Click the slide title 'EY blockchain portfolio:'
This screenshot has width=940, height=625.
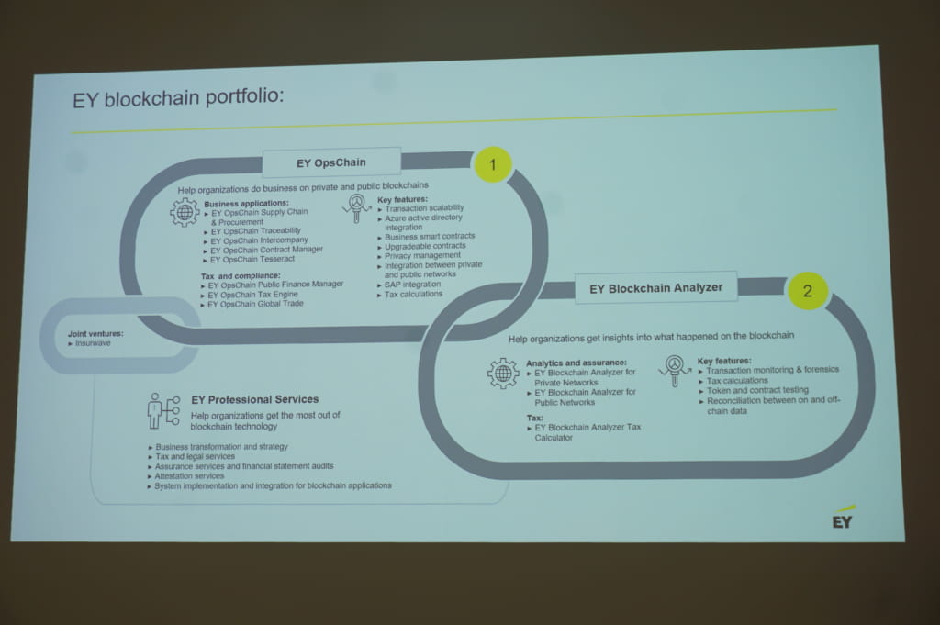(178, 97)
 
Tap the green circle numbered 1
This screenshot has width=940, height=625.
(493, 164)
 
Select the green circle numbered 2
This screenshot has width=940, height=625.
(808, 291)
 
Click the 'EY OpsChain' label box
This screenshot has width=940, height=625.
(331, 162)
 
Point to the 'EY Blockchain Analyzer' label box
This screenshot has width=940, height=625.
(655, 288)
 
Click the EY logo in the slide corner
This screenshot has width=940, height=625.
(843, 519)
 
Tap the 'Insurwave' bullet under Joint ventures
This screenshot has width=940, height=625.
(90, 343)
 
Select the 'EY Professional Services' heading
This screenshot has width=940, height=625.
(255, 400)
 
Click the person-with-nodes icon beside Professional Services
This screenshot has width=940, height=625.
(163, 410)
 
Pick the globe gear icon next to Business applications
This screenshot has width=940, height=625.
(185, 212)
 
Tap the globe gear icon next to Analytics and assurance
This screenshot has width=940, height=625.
(503, 374)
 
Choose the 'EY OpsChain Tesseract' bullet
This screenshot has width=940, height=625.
(250, 260)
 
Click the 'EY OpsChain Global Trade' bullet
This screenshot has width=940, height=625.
(252, 305)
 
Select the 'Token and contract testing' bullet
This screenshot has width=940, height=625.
(754, 390)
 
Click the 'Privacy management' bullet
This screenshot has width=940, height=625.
(419, 255)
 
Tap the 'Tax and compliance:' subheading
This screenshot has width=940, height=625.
(241, 275)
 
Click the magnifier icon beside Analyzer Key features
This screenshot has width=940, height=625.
(675, 371)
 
